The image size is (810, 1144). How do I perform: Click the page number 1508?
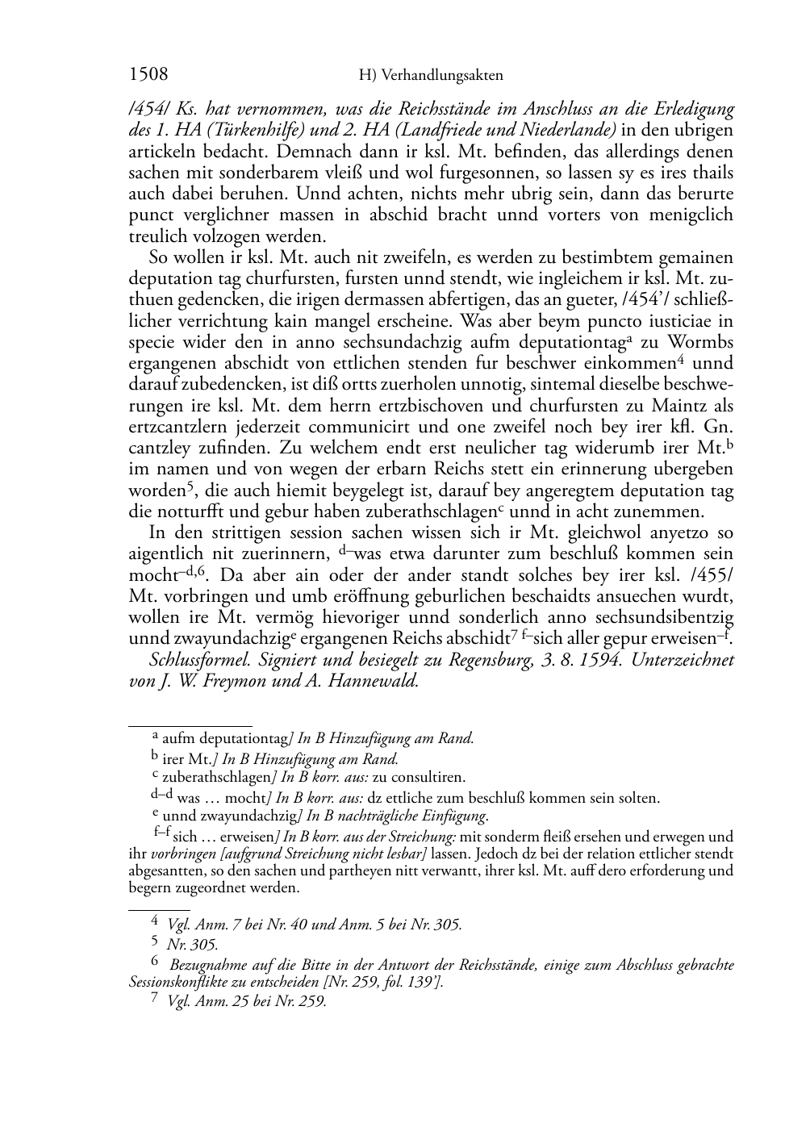pyautogui.click(x=148, y=75)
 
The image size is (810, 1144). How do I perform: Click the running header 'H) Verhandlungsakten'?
pyautogui.click(x=430, y=76)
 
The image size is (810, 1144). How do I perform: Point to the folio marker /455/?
pyautogui.click(x=712, y=576)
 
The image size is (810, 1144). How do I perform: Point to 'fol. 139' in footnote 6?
pyautogui.click(x=405, y=982)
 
